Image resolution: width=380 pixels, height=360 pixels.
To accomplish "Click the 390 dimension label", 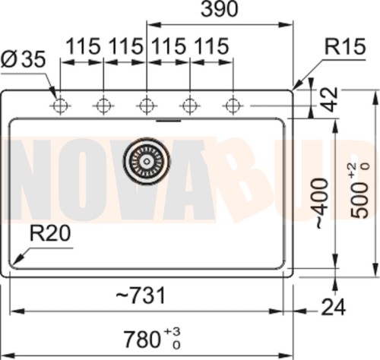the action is click(x=220, y=9).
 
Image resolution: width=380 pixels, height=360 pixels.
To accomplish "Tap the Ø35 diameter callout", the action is click(x=24, y=59).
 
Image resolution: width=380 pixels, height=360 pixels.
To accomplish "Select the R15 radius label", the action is click(x=345, y=47).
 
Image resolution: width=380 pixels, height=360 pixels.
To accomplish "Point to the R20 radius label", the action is click(x=50, y=233).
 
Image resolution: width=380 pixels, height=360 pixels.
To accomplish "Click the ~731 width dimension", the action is click(x=141, y=295).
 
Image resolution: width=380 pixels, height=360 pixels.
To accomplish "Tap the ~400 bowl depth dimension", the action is click(x=322, y=204).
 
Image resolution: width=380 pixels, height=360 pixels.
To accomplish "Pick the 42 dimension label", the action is click(x=331, y=99).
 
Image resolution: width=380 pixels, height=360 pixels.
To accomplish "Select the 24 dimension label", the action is click(x=334, y=307).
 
